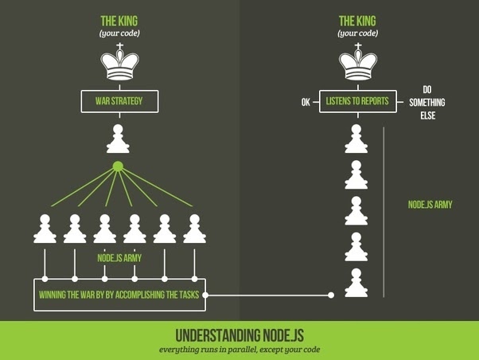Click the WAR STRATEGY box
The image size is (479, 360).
coord(119,101)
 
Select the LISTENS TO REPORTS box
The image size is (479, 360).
coord(357,101)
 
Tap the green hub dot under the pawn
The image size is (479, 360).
coord(118,166)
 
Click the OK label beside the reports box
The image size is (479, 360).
coord(306,102)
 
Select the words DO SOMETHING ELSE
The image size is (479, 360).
coord(427,102)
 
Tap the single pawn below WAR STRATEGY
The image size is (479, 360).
coord(119,140)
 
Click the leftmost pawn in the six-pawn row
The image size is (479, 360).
coord(45,229)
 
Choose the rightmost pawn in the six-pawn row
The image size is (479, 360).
coord(194,229)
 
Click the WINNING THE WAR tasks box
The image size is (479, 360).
coord(119,295)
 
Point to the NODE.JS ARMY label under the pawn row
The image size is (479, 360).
coord(119,258)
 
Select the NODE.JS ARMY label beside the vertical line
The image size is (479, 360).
coord(430,205)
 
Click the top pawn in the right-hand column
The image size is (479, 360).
coord(356,140)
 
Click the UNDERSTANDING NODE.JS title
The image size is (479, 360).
coord(239,334)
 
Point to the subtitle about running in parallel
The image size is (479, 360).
coord(239,350)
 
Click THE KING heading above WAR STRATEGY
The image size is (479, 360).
coord(119,21)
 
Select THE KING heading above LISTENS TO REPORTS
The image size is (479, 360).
coord(357,21)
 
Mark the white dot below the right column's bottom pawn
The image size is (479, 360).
coord(331,295)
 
